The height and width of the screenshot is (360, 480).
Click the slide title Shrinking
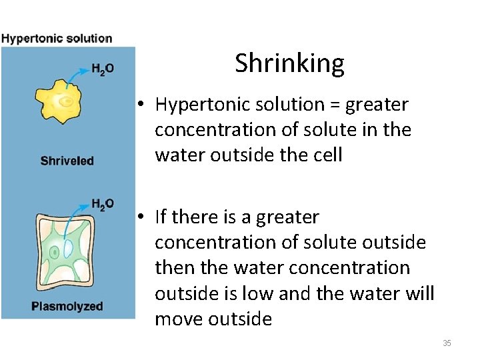click(x=289, y=63)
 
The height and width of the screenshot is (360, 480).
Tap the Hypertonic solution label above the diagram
click(x=57, y=38)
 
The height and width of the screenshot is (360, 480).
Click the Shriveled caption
click(x=67, y=161)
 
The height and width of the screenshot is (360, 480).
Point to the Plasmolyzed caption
click(x=67, y=307)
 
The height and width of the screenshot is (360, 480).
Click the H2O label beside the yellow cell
click(x=102, y=69)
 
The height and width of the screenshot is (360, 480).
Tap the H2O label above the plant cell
click(x=102, y=204)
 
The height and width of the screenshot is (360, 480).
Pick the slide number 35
click(x=447, y=343)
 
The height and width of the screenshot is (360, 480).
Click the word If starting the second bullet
click(x=161, y=217)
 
